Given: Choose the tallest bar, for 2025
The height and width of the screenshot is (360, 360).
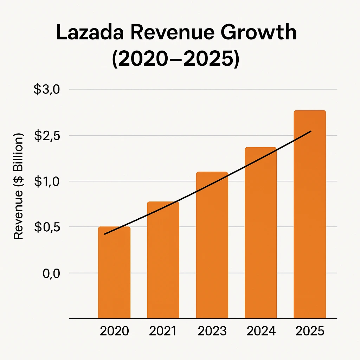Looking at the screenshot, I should click(309, 214).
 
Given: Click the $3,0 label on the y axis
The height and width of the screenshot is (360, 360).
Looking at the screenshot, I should click(47, 90).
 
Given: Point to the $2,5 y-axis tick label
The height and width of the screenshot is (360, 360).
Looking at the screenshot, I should click(47, 136).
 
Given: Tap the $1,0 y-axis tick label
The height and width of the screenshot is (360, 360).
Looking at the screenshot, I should click(47, 181).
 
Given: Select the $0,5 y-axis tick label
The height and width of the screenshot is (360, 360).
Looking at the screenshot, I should click(47, 227).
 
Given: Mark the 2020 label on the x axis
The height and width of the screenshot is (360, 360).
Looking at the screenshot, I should click(114, 331).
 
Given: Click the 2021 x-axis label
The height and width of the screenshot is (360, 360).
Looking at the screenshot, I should click(163, 331).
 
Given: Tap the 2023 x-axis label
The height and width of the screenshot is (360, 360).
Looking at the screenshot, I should click(212, 331).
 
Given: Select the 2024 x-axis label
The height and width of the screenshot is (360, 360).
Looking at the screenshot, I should click(261, 331).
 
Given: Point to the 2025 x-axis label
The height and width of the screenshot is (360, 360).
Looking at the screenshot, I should click(310, 331).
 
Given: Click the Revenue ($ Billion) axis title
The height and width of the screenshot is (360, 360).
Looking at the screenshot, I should click(19, 186).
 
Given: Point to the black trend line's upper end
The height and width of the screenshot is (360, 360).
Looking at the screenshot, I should click(310, 131).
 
